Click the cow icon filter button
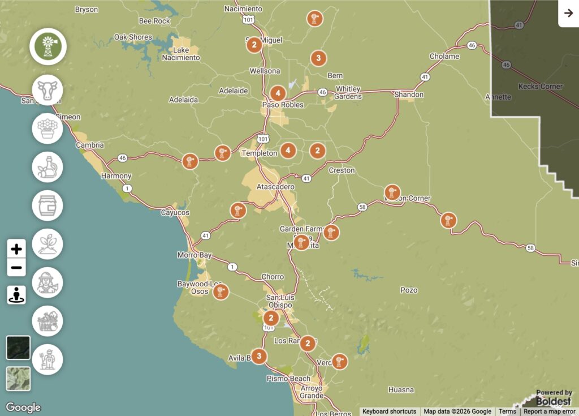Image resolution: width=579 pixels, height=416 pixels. click(47, 90)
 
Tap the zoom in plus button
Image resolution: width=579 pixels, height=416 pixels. click(16, 248)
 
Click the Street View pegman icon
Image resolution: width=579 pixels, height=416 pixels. click(16, 295)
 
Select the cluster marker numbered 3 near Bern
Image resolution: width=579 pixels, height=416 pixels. click(318, 58)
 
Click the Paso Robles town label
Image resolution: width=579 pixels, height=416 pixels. click(283, 105)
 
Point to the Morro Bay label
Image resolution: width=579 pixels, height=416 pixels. click(194, 255)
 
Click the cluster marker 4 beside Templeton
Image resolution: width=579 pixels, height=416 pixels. click(288, 150)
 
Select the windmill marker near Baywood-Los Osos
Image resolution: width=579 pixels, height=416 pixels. click(221, 291)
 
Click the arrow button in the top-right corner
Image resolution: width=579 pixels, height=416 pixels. click(568, 14)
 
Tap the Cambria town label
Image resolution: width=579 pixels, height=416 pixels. click(90, 145)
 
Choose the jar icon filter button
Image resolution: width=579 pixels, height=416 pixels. click(47, 205)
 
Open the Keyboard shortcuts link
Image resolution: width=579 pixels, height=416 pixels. click(389, 411)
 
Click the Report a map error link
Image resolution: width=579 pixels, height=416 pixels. click(549, 411)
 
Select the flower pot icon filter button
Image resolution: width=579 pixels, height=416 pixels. click(47, 128)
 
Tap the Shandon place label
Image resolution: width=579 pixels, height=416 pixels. click(408, 95)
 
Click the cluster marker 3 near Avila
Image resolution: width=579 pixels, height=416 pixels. click(259, 356)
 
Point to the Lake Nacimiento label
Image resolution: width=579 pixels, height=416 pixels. click(181, 53)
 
